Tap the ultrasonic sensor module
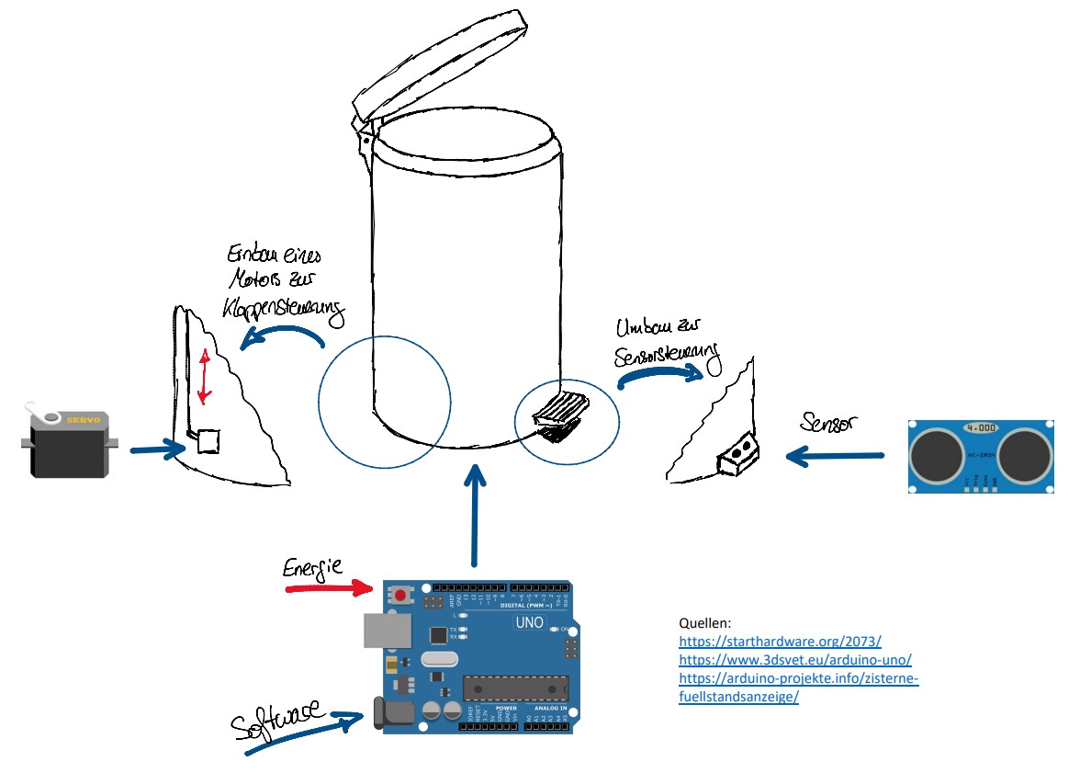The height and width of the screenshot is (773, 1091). [x=980, y=455]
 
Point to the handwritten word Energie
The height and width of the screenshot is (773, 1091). [x=313, y=567]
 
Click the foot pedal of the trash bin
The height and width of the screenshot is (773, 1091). [x=562, y=412]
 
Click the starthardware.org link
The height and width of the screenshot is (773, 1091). [x=780, y=641]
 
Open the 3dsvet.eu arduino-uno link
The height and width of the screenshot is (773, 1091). [x=794, y=659]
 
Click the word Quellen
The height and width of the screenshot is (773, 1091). [x=704, y=622]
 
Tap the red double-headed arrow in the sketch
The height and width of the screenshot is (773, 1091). [x=205, y=377]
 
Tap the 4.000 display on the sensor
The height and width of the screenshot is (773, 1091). [x=980, y=428]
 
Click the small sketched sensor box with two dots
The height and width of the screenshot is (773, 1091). [x=740, y=455]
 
